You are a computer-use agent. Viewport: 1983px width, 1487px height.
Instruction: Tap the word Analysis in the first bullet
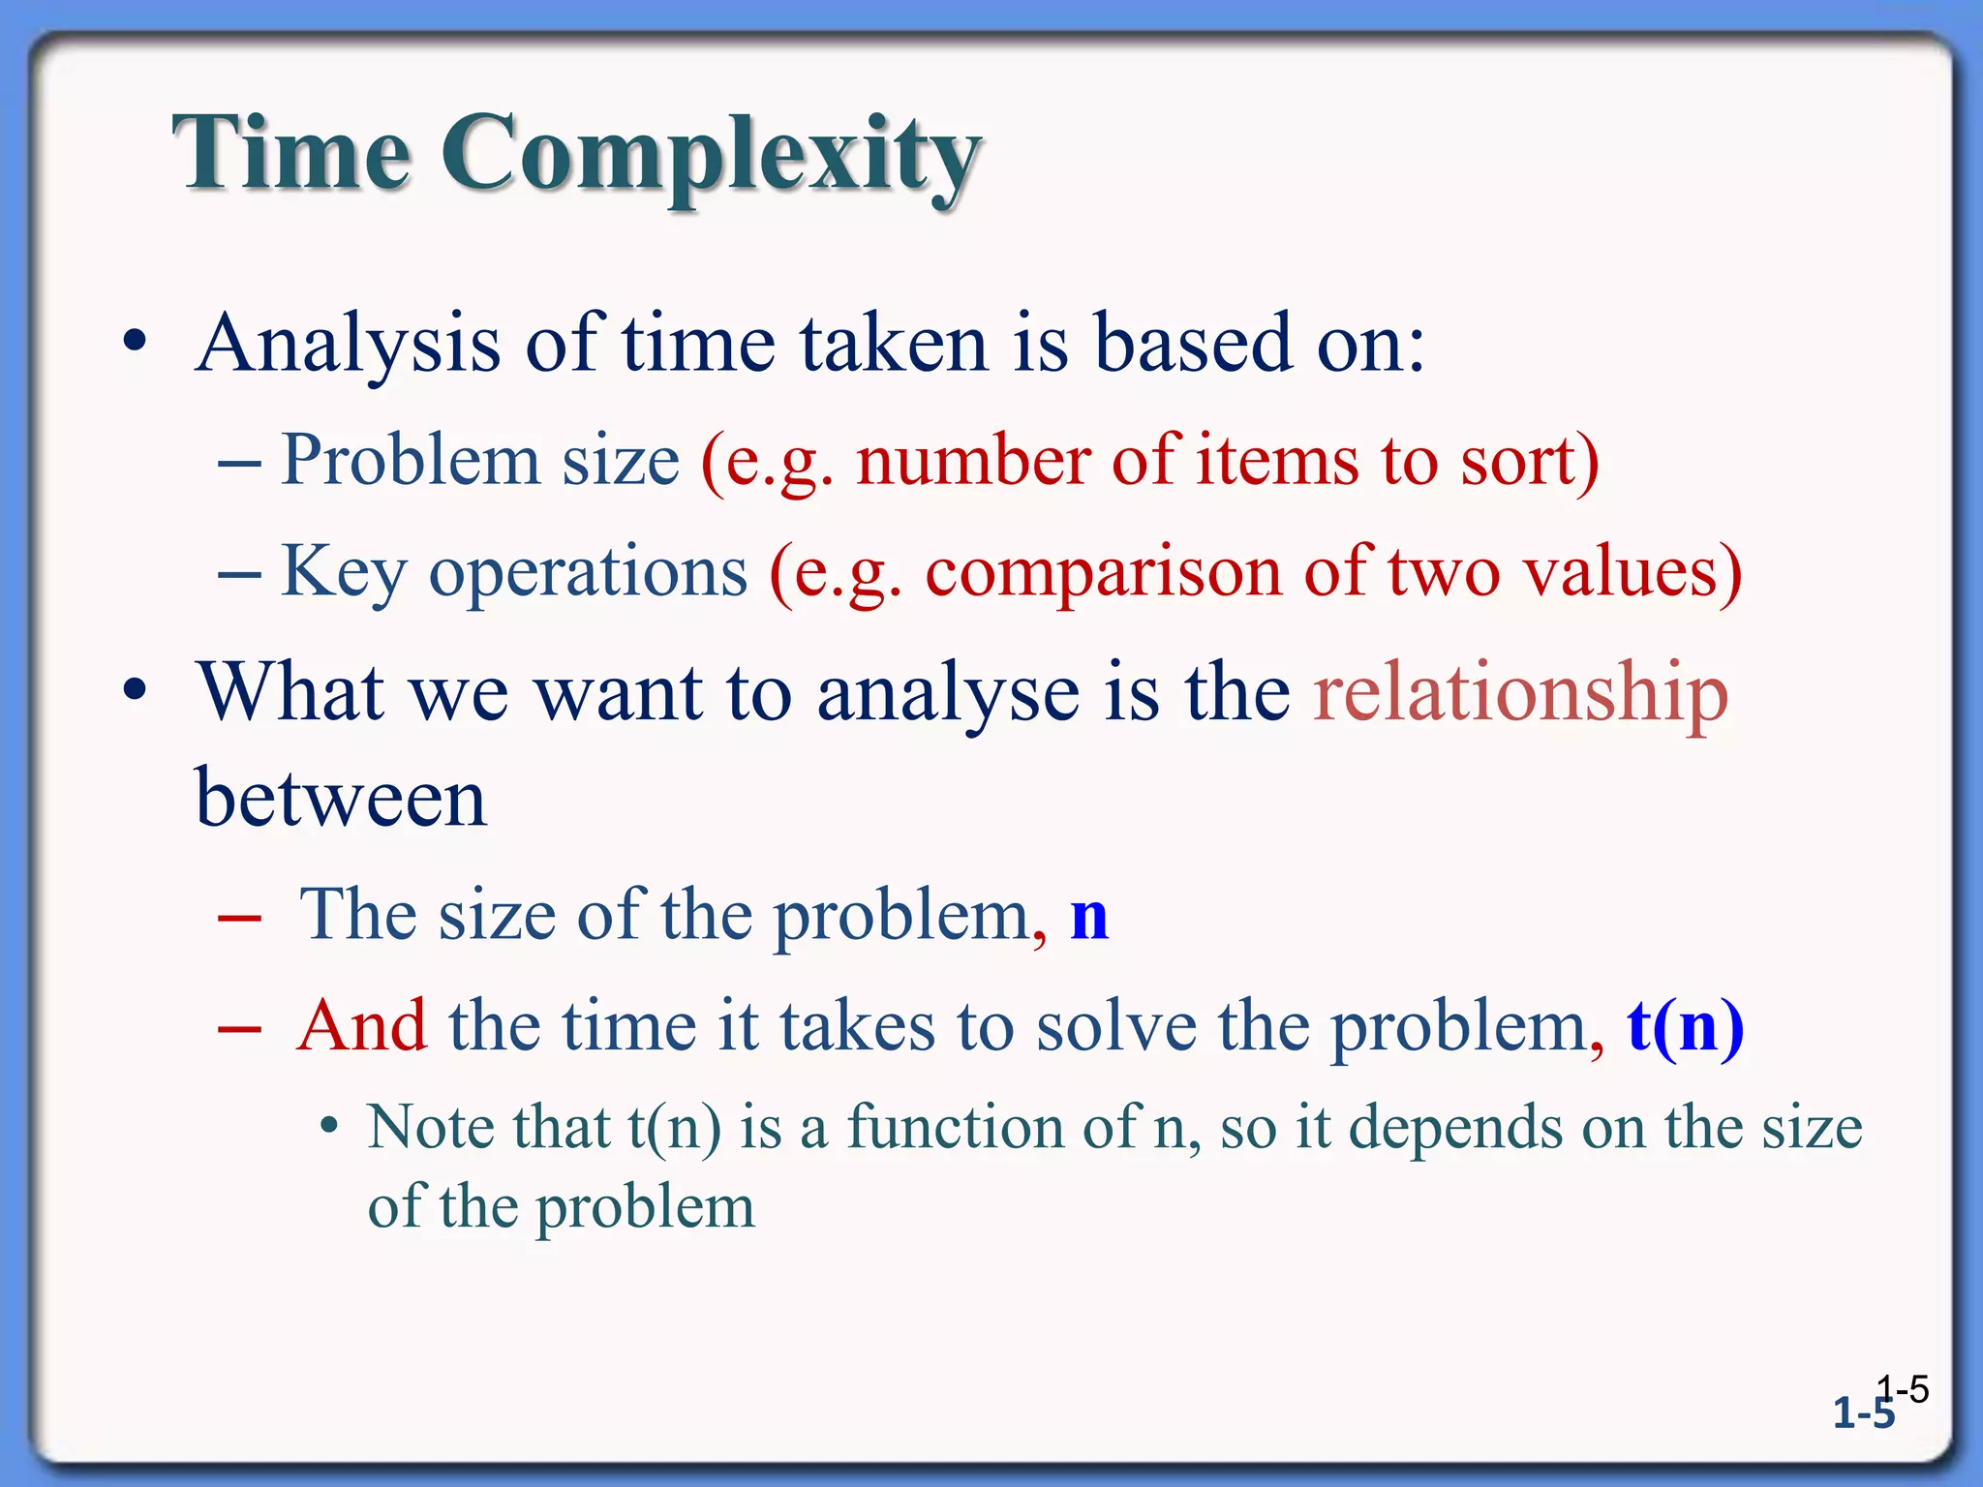click(350, 345)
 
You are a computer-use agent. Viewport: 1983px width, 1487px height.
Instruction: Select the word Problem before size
click(410, 461)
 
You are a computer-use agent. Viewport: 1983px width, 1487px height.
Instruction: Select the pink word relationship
click(1520, 693)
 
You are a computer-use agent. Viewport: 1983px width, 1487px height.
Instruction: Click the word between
click(341, 800)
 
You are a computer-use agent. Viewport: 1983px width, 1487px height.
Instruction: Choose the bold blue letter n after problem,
click(1088, 916)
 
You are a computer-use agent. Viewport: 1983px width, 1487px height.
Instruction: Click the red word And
click(361, 1026)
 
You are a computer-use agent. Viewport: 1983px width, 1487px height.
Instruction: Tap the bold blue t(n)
click(1685, 1026)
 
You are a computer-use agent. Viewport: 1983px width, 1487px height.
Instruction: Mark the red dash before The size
click(239, 918)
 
